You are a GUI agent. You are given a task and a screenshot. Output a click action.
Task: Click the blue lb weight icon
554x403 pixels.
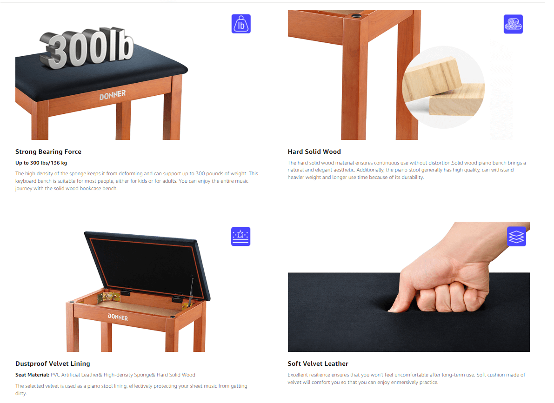[241, 24]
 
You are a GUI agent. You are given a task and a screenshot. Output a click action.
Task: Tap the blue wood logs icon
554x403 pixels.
[513, 24]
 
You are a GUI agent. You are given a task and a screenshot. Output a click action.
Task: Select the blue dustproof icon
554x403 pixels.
[240, 236]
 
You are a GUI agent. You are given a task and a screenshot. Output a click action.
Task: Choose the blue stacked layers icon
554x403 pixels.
[516, 236]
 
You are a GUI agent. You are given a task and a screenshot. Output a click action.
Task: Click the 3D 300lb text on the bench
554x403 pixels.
[87, 48]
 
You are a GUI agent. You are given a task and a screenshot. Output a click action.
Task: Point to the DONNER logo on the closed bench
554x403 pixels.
[113, 95]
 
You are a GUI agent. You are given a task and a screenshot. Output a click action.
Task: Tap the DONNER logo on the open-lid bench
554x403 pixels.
[118, 317]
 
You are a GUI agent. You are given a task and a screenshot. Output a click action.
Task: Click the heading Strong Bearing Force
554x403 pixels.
[48, 152]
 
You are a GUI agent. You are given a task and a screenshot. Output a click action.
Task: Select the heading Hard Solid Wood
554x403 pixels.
[314, 152]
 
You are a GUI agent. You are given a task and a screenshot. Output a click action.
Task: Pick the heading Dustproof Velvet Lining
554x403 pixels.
[53, 363]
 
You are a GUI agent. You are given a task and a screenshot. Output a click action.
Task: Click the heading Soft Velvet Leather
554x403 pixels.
[318, 363]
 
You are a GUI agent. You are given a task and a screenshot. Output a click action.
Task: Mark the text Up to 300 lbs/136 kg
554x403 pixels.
[41, 163]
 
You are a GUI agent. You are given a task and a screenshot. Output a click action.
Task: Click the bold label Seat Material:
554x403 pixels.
[32, 375]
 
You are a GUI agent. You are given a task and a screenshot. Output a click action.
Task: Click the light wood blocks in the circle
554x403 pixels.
[443, 87]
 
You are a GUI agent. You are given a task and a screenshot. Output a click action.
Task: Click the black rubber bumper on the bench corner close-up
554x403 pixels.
[356, 15]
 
